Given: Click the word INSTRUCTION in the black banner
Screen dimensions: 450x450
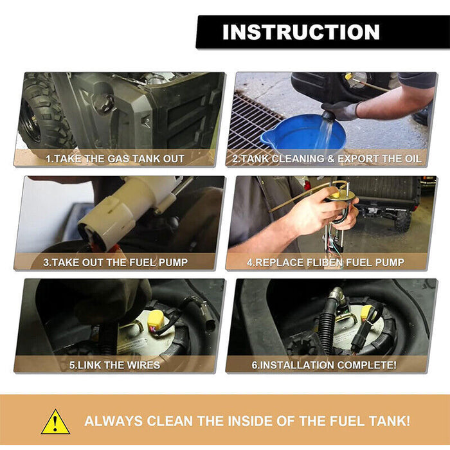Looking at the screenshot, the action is click(x=301, y=32).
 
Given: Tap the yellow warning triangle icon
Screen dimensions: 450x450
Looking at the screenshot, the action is click(x=55, y=422).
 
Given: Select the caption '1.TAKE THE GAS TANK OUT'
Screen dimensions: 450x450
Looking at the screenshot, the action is click(x=115, y=159).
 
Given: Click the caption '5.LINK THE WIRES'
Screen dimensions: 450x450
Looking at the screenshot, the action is click(x=115, y=365).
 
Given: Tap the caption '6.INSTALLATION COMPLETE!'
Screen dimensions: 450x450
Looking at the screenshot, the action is click(x=324, y=365).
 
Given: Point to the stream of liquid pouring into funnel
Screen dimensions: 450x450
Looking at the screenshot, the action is click(x=325, y=134).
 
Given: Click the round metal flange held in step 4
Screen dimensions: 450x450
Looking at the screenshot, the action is click(x=342, y=196).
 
